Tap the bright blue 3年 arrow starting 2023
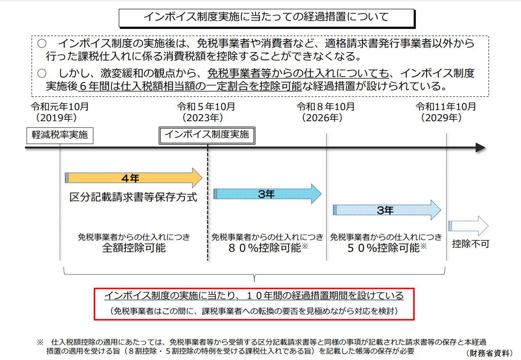click(267, 194)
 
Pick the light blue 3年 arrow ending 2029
click(387, 210)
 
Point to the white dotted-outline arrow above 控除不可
click(468, 226)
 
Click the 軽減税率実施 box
click(60, 135)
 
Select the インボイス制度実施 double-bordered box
click(207, 135)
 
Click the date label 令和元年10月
click(60, 106)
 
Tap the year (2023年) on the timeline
click(203, 118)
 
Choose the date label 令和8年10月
click(326, 106)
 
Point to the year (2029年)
click(441, 118)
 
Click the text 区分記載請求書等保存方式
click(133, 197)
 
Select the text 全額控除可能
click(134, 248)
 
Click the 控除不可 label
click(471, 244)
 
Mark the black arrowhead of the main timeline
click(480, 147)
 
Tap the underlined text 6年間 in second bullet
click(94, 86)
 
